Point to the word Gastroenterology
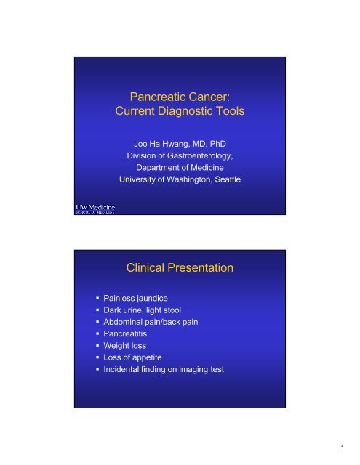pyautogui.click(x=200, y=156)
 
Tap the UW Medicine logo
pyautogui.click(x=95, y=209)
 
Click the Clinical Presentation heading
pyautogui.click(x=180, y=268)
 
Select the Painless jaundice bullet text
pyautogui.click(x=135, y=299)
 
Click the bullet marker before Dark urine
pyautogui.click(x=97, y=310)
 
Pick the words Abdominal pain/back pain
pyautogui.click(x=151, y=322)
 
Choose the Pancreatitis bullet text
pyautogui.click(x=125, y=334)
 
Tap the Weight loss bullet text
pyautogui.click(x=125, y=346)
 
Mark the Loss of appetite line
pyautogui.click(x=132, y=357)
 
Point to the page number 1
pyautogui.click(x=343, y=448)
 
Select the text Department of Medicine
pyautogui.click(x=180, y=168)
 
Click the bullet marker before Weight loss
pyautogui.click(x=97, y=346)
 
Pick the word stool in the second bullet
pyautogui.click(x=172, y=310)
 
